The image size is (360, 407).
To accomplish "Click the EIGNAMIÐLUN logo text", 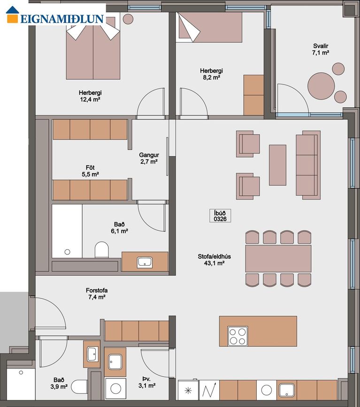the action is point(62,19).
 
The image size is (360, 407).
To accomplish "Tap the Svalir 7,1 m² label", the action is point(321,49).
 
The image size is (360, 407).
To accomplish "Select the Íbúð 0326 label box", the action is point(220,215).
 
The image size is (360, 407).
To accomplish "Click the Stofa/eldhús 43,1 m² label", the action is point(214,260).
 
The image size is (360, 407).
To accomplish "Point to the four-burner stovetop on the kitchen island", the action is point(238,336).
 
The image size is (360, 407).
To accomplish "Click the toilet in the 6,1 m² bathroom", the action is point(101,249).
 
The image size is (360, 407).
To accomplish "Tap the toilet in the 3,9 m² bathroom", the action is point(79,387).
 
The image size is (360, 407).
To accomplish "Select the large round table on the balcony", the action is point(321,86).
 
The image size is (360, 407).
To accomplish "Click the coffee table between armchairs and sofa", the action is point(277,165).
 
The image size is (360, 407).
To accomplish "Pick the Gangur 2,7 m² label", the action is point(149,158).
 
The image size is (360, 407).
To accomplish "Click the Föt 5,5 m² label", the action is point(90,171).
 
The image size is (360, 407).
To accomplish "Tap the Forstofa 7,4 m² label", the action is point(97,293).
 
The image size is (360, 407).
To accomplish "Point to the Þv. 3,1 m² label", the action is point(147,382).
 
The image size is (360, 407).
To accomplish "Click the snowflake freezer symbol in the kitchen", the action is point(188,390).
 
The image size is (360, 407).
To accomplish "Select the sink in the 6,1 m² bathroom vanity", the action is point(145,262).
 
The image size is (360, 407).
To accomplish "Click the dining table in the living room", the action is point(278,259).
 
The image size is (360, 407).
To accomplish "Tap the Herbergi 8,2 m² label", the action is point(211,74).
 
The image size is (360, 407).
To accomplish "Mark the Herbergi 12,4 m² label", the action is point(90,96).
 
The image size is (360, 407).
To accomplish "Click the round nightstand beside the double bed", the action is point(128,19).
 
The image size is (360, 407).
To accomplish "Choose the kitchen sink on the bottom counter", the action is point(287,391).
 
